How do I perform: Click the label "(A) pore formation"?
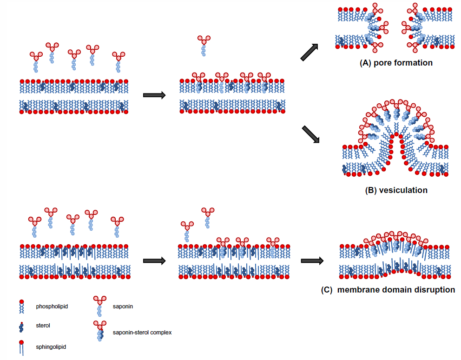[396, 63]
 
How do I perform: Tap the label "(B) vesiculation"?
[396, 190]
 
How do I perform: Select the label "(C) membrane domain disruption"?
[388, 290]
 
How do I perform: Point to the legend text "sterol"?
[43, 326]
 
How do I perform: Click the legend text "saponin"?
[123, 307]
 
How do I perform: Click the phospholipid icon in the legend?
[21, 307]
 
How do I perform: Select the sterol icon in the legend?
[21, 327]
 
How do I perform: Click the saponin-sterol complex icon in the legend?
[99, 331]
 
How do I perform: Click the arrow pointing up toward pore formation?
[310, 52]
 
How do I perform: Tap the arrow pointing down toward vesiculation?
[311, 134]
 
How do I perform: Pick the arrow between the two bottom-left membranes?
[154, 261]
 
